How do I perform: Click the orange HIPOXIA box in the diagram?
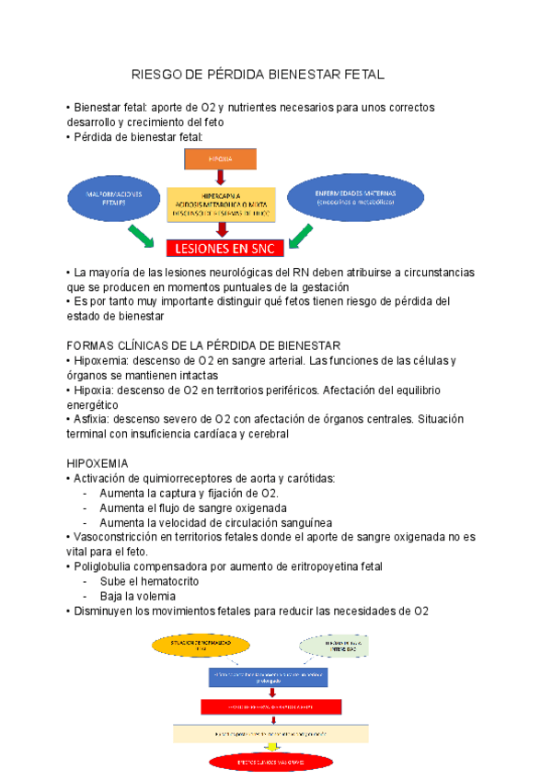pos(220,158)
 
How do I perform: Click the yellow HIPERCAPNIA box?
pos(220,203)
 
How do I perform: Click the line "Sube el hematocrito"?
pos(148,581)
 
